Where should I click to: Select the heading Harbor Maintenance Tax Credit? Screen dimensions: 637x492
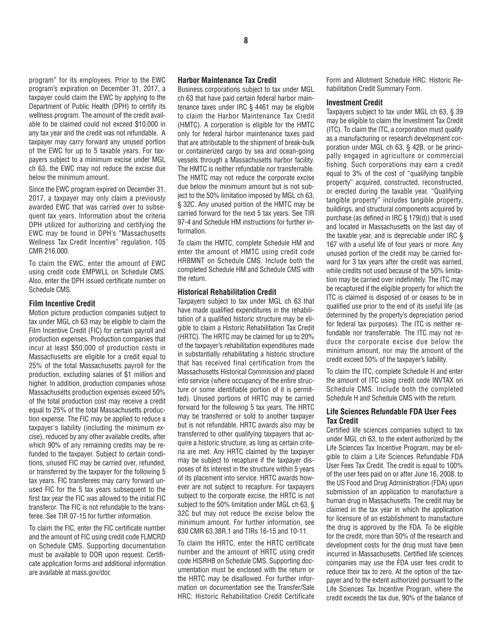(x=227, y=80)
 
